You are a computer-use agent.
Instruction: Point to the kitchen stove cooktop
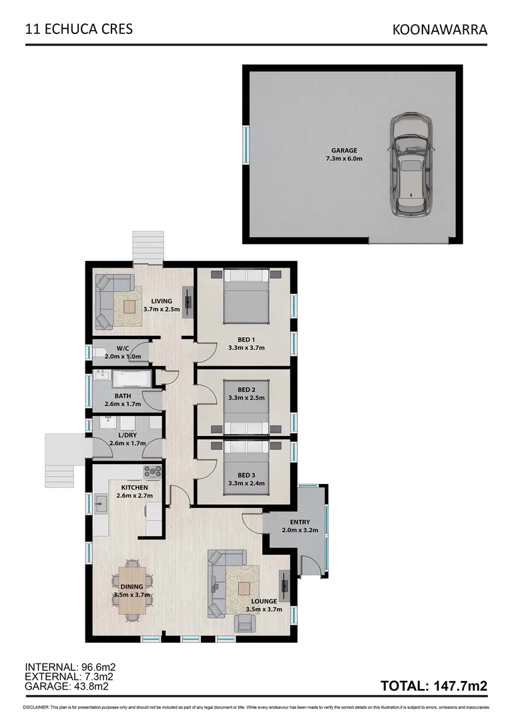coord(153,471)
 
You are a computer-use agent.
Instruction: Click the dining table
coord(132,587)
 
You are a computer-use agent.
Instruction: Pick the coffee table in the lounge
coord(244,588)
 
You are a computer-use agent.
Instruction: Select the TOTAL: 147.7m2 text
coord(434,686)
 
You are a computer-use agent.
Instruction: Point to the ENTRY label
coord(300,522)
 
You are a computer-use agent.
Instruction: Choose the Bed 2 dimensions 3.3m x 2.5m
coord(246,398)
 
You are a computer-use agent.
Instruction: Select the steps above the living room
coord(148,247)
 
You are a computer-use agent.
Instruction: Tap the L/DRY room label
coord(123,435)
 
